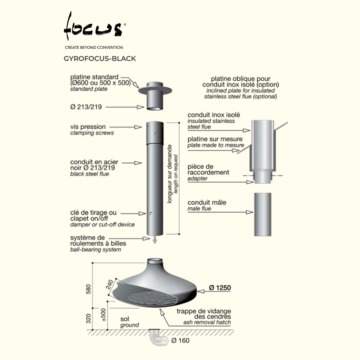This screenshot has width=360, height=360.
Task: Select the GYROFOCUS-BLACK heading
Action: (100, 59)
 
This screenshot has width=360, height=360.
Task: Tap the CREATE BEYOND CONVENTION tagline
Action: (94, 47)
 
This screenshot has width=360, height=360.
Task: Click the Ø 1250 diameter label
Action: (220, 287)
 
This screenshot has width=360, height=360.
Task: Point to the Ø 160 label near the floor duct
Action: (180, 340)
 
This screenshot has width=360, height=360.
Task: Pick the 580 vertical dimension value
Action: (88, 289)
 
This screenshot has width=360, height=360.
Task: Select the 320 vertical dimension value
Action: (88, 319)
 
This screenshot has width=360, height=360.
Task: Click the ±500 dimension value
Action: (103, 315)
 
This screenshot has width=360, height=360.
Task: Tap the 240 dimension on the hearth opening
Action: (109, 284)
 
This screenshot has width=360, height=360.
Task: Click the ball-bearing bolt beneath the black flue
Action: (155, 239)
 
